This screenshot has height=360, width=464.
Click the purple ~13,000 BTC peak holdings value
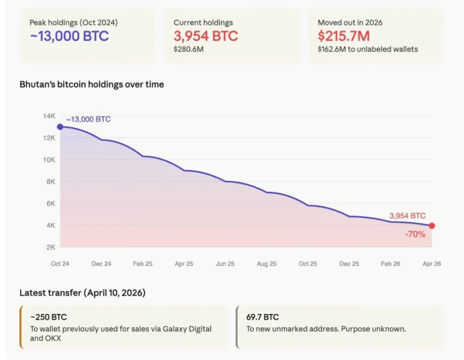[x=69, y=36]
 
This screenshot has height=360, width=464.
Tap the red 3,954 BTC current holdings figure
[x=206, y=36]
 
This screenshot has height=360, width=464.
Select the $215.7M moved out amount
[x=344, y=36]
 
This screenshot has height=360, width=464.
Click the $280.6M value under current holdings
[x=188, y=49]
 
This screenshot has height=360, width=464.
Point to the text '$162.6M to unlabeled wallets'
[x=367, y=49]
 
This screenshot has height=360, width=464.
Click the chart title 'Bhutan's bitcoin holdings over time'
[x=92, y=85]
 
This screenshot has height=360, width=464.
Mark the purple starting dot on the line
[x=60, y=127]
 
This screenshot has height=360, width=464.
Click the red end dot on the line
[x=432, y=226]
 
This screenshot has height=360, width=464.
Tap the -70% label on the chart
[x=415, y=234]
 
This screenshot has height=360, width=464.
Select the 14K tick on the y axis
[x=49, y=116]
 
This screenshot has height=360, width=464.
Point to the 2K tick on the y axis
[x=50, y=247]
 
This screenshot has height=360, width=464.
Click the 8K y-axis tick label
[x=50, y=182]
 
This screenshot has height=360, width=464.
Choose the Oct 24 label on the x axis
[x=60, y=263]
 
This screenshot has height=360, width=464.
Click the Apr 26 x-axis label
[x=432, y=263]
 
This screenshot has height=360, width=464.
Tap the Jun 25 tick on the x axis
[x=225, y=263]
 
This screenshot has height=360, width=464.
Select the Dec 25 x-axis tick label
[x=349, y=263]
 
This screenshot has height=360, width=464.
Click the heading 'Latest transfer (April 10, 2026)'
[x=82, y=293]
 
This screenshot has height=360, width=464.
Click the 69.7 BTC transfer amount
[x=263, y=317]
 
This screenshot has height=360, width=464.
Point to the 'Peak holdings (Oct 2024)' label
[x=74, y=22]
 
